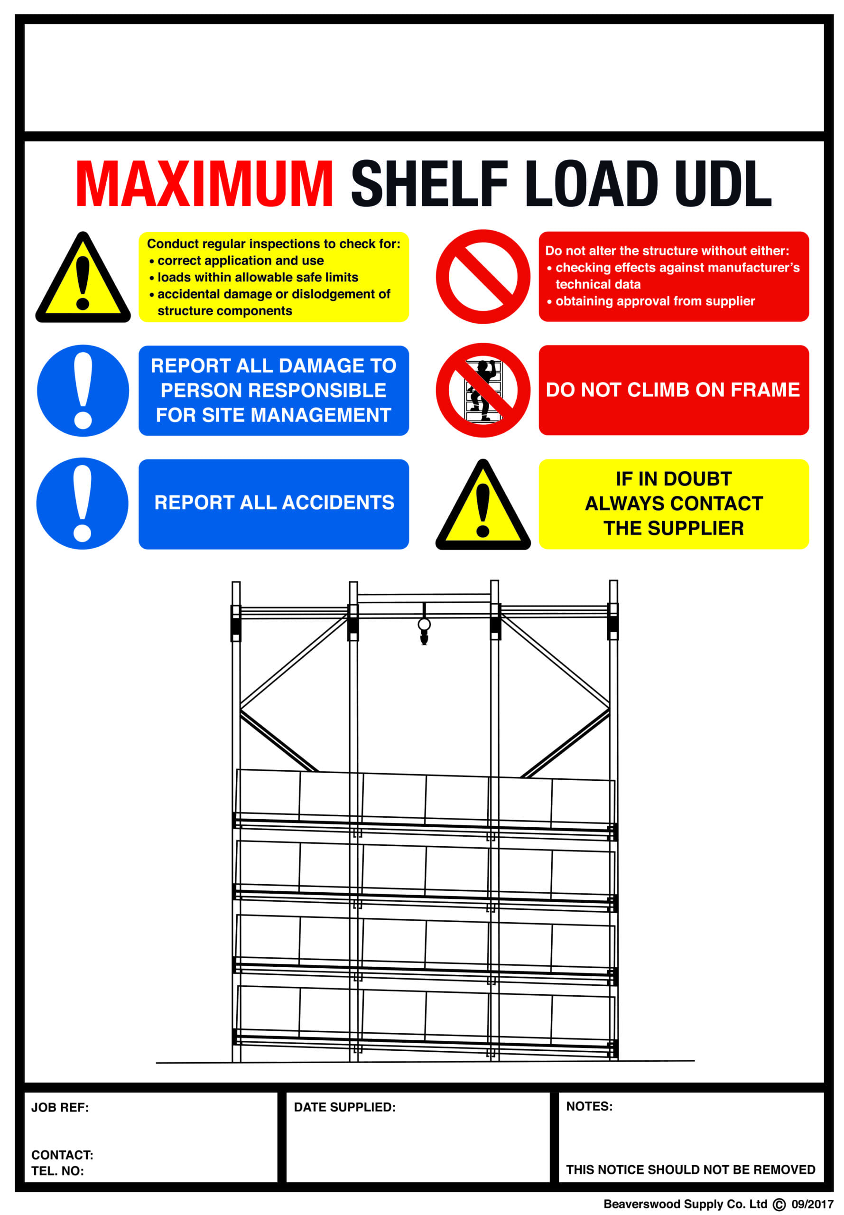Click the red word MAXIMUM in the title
(204, 184)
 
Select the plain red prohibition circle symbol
(482, 277)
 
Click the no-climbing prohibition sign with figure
(482, 390)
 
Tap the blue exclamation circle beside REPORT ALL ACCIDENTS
(83, 504)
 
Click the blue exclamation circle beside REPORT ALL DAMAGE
(83, 391)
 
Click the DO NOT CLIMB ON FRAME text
(673, 390)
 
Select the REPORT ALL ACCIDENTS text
(274, 503)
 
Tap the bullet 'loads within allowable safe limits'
(258, 277)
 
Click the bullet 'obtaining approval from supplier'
(655, 301)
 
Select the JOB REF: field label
(60, 1108)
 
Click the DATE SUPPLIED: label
(344, 1107)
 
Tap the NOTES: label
(589, 1107)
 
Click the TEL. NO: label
(57, 1171)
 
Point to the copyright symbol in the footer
(779, 1205)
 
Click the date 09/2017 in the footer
(812, 1205)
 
